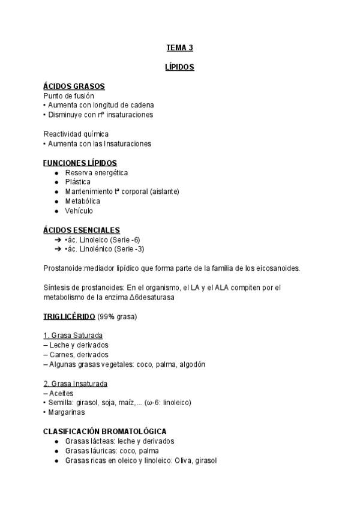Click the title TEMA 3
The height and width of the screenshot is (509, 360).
[x=179, y=47]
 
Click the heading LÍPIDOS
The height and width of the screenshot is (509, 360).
[x=179, y=67]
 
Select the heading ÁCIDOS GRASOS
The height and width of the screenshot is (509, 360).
[x=74, y=86]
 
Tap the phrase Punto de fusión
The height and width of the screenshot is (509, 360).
[x=68, y=95]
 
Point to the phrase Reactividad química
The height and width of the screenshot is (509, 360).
[x=76, y=134]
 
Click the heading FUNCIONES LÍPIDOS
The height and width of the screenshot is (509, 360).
[x=80, y=163]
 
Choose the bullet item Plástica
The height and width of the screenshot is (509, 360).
[x=78, y=182]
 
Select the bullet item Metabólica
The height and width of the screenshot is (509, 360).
[x=82, y=201]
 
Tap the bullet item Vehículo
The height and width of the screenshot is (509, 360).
[x=79, y=211]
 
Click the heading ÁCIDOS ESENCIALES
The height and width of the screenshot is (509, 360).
[x=82, y=230]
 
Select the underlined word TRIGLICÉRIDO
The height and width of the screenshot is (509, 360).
[x=69, y=316]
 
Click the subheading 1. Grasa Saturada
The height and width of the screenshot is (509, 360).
[x=73, y=335]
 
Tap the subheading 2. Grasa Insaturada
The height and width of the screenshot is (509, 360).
[x=76, y=383]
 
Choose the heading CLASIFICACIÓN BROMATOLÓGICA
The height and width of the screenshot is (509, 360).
[x=105, y=431]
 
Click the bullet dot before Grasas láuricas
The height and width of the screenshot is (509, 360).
[x=56, y=451]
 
